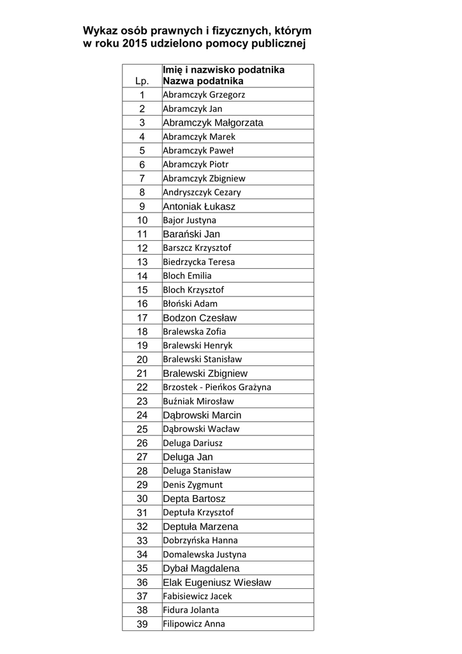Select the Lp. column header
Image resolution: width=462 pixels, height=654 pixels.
point(142,81)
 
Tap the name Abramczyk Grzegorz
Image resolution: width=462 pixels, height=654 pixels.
point(204,95)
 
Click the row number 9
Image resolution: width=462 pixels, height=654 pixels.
point(142,206)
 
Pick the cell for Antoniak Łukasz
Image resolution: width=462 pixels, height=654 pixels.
point(199,206)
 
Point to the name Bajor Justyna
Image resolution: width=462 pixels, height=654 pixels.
point(190,220)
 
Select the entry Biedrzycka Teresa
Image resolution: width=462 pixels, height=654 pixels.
point(198,262)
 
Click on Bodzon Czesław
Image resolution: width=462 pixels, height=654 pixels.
point(200,317)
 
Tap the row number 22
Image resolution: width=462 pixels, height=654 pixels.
point(142,387)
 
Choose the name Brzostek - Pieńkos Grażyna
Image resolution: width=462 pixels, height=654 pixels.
point(217,387)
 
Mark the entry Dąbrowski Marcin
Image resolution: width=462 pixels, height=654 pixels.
point(202,415)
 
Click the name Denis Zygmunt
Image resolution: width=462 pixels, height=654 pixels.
point(193,485)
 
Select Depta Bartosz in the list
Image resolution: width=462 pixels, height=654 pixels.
point(194,499)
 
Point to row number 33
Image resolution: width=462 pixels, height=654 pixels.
point(142,540)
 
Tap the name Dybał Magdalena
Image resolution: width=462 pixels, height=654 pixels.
point(201,568)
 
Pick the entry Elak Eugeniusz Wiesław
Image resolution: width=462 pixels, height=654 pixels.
point(217,582)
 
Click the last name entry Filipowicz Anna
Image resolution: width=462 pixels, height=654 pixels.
point(193,624)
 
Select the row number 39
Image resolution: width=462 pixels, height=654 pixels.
point(142,624)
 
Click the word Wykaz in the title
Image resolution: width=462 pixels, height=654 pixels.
point(100,31)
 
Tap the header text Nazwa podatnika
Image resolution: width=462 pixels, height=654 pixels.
point(203,81)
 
